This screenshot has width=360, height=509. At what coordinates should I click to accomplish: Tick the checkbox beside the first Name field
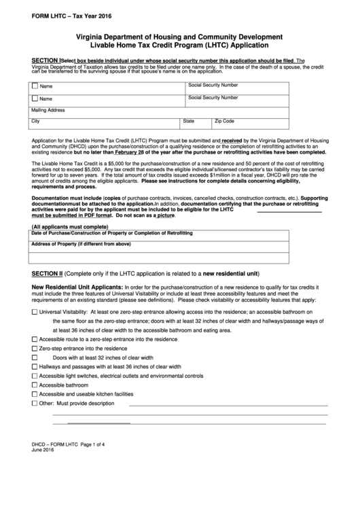tap(35, 87)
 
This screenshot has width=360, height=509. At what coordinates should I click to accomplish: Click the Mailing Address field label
tap(48, 109)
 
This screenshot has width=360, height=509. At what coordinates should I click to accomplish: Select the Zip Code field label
tap(224, 121)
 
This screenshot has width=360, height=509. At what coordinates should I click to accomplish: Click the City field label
tap(36, 121)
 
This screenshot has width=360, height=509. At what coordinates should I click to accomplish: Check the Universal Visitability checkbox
tap(35, 311)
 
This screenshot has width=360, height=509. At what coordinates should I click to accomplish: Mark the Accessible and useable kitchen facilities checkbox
tap(35, 394)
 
